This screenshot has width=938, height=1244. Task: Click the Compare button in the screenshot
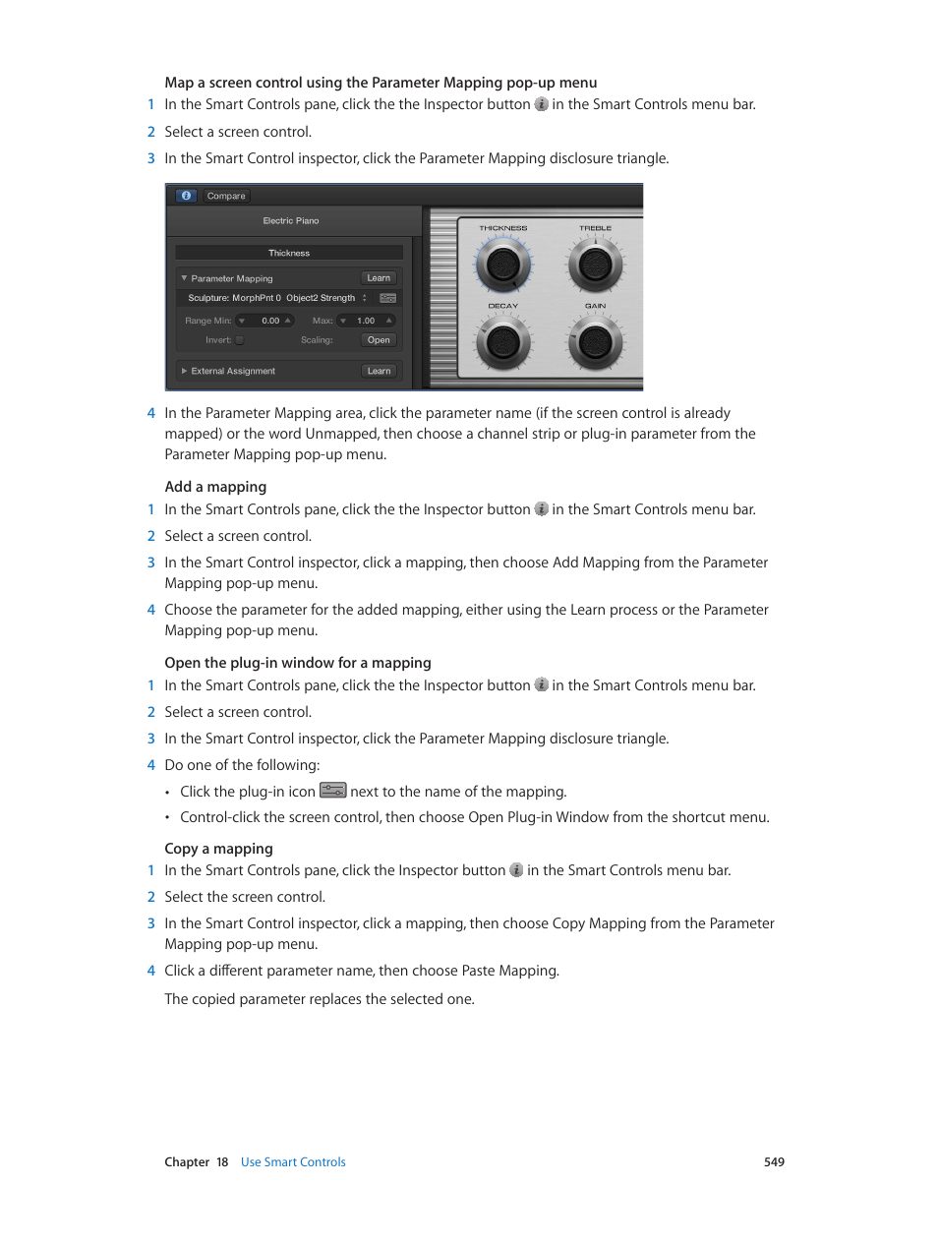(226, 196)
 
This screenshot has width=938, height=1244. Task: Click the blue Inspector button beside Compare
(186, 196)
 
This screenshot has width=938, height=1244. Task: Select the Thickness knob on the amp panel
(503, 265)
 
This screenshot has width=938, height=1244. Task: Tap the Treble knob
(595, 265)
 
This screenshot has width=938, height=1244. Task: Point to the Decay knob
(503, 342)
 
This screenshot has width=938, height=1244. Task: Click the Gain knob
(595, 342)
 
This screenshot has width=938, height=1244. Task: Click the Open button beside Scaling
(379, 340)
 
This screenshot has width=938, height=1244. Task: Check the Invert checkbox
(239, 340)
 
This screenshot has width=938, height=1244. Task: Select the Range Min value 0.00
(270, 321)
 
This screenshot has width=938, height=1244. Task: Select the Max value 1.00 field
(366, 321)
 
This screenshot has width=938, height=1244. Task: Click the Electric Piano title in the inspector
(291, 221)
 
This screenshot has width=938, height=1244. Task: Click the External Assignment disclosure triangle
(184, 371)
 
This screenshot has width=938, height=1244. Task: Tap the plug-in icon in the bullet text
(333, 791)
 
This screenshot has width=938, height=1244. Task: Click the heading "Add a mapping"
(215, 487)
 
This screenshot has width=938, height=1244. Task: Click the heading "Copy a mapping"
(218, 849)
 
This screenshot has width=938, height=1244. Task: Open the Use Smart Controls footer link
(293, 1162)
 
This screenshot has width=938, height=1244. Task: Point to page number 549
(774, 1162)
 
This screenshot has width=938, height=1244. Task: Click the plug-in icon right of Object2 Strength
(388, 298)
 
